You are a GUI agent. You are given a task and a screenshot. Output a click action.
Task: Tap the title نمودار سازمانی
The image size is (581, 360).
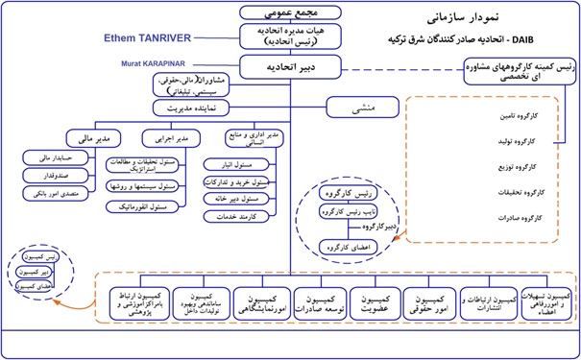pyautogui.click(x=475, y=16)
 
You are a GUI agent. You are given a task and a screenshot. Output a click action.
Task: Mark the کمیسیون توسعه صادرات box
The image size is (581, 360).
pyautogui.click(x=319, y=300)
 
